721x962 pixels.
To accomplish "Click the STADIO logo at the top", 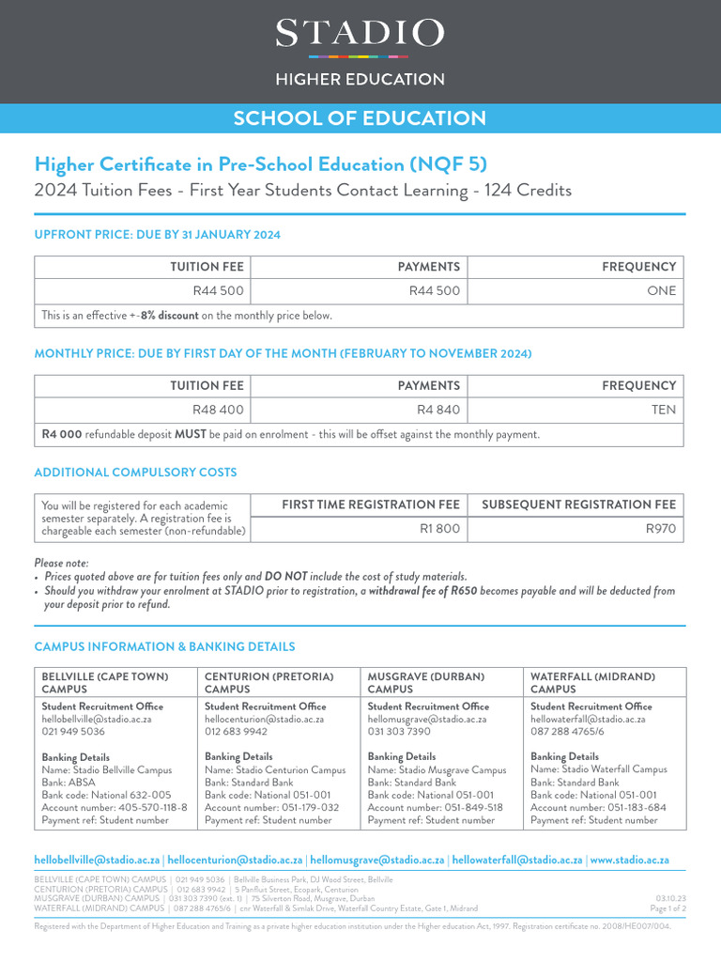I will click(x=360, y=35).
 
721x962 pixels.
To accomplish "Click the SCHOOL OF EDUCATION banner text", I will click(x=360, y=118).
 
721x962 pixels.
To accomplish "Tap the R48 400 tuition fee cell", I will click(x=218, y=410).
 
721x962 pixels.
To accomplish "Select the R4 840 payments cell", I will click(x=438, y=410).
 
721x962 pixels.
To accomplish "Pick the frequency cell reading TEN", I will click(x=661, y=410).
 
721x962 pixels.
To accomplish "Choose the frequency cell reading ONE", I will click(x=661, y=290).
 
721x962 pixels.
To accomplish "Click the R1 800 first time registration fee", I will click(x=439, y=529).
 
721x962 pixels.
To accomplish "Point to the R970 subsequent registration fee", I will click(x=661, y=529).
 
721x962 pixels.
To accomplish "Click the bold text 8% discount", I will click(x=169, y=316).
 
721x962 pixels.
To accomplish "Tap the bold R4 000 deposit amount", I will click(x=62, y=435).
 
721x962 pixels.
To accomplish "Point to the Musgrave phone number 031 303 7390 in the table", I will click(x=399, y=731).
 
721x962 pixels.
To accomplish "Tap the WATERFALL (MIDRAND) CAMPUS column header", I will click(x=592, y=682).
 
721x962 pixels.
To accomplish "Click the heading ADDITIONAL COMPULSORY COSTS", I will click(x=135, y=473).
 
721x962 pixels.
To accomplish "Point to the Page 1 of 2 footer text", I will click(x=667, y=908).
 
